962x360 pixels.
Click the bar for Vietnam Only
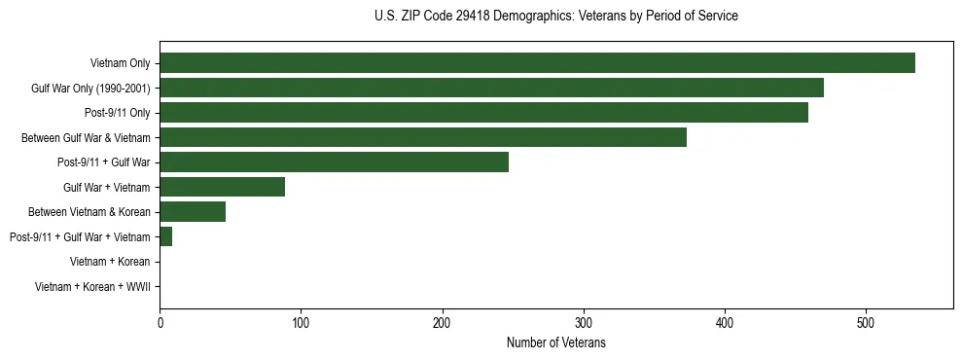tap(537, 63)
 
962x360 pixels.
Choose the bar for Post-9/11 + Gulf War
tap(334, 162)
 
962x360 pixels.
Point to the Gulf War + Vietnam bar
tap(222, 187)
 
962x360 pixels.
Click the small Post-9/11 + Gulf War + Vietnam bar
tap(165, 236)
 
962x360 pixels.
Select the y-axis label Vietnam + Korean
tap(110, 262)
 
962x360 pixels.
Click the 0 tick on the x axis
tap(160, 323)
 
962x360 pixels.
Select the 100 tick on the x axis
tap(301, 323)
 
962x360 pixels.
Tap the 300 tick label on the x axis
tap(584, 323)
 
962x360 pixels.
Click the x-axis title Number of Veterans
tap(555, 342)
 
